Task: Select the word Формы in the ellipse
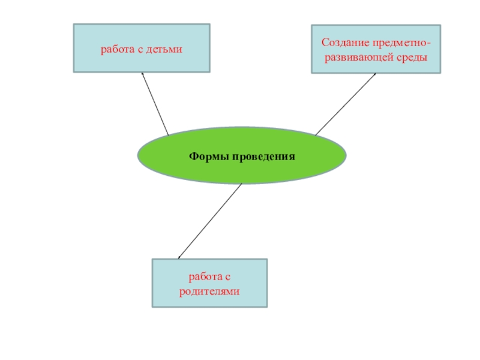[206, 156]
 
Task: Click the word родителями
[210, 291]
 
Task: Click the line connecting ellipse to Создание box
[346, 104]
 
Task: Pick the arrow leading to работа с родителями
[210, 221]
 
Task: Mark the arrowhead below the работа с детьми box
[143, 74]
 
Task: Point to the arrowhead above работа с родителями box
[179, 257]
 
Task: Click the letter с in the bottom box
[229, 277]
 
